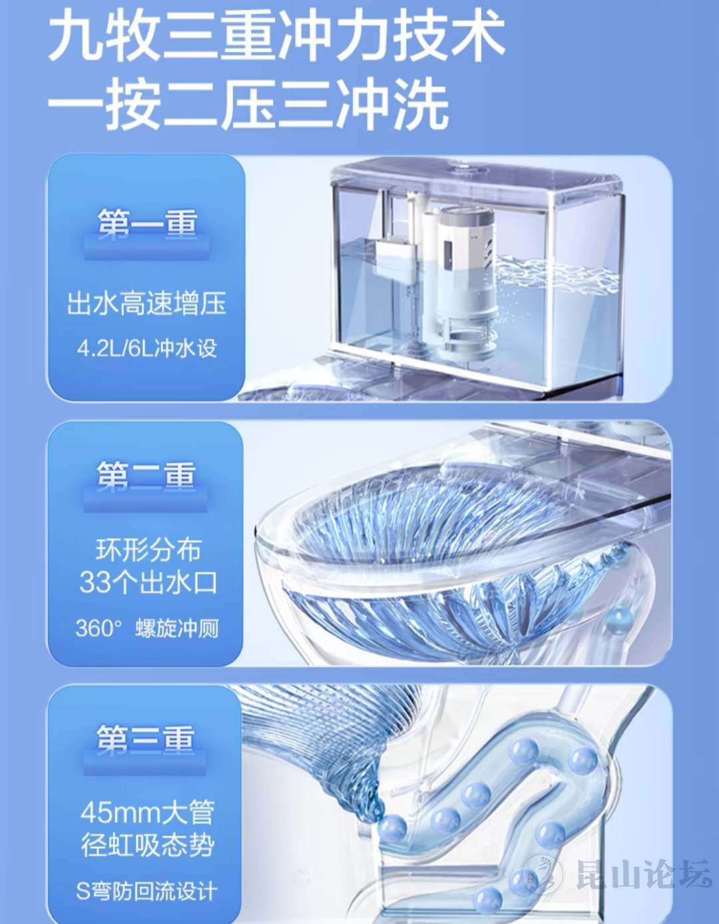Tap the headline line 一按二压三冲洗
point(248,103)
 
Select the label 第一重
point(147,222)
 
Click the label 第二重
point(146,474)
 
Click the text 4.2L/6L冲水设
point(147,348)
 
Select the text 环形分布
point(148,550)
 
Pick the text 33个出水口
point(148,582)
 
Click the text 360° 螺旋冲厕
point(147,628)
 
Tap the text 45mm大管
point(147,813)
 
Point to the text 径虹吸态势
point(147,845)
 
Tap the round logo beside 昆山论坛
point(543,875)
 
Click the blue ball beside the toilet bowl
point(618,617)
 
